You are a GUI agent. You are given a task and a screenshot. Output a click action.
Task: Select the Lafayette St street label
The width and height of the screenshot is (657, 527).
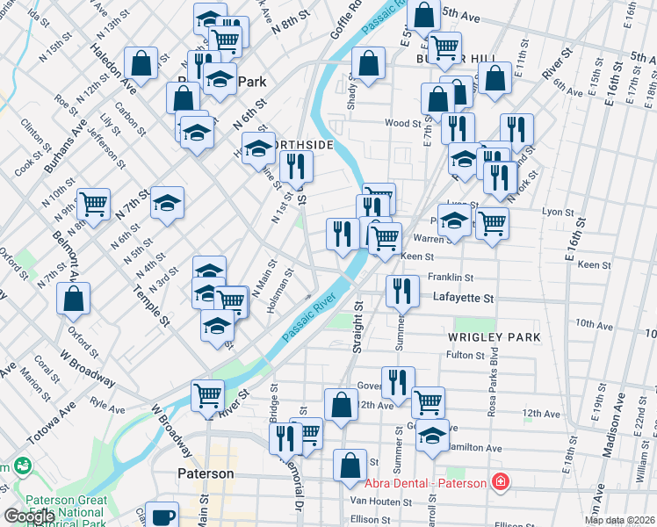pos(463,299)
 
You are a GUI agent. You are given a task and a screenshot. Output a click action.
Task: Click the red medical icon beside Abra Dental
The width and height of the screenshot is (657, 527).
pos(500,481)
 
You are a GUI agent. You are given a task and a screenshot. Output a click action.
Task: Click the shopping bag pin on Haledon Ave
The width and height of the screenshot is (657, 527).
pos(141,63)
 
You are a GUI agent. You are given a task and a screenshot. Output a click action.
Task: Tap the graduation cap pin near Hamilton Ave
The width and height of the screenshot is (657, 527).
pos(431,436)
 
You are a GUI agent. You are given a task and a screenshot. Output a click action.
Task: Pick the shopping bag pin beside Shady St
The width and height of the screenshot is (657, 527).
pos(368,63)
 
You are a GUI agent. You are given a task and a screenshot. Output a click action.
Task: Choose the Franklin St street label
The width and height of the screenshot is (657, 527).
pos(450,277)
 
